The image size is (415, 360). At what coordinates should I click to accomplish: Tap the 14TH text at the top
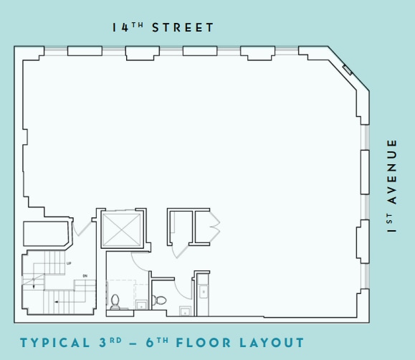coord(129,28)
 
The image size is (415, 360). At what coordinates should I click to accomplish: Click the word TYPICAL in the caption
coord(54,343)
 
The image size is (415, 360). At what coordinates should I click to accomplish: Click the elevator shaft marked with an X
coord(122,229)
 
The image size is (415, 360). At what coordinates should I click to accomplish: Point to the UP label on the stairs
coord(69,264)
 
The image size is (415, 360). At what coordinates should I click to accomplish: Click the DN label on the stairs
coord(84,276)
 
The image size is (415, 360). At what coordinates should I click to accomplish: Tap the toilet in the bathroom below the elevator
coord(115,302)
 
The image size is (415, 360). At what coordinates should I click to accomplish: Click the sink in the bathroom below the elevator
coord(140,305)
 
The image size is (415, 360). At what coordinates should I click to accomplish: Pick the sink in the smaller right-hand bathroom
coord(184,311)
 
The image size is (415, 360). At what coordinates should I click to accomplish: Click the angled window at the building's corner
coord(347,70)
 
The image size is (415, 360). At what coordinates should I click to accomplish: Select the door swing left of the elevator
coord(82,227)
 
